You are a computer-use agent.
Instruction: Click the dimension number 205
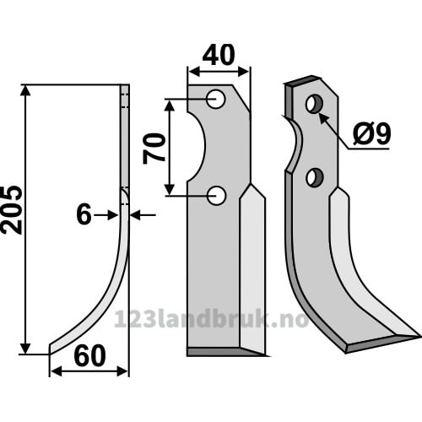click(11, 210)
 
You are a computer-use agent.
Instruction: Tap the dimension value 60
click(89, 356)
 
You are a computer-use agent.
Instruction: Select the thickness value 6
click(84, 214)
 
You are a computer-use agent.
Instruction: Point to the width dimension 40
click(219, 55)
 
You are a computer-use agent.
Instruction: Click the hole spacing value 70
click(154, 149)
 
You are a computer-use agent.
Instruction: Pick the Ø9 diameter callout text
click(372, 134)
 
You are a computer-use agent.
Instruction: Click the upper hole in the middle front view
click(215, 99)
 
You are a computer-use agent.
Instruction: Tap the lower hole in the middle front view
click(216, 196)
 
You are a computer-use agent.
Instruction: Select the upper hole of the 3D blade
click(314, 104)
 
